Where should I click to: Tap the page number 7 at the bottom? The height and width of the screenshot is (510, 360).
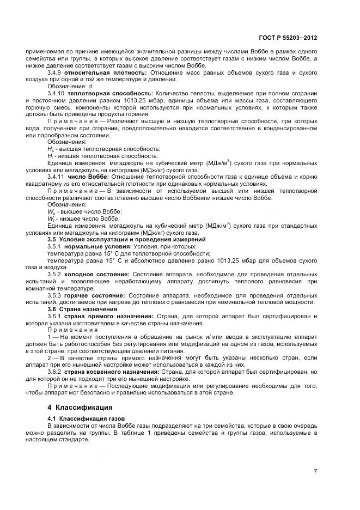click(315, 471)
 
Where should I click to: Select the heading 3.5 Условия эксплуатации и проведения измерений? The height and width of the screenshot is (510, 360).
click(126, 239)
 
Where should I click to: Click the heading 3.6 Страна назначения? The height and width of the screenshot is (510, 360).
click(83, 308)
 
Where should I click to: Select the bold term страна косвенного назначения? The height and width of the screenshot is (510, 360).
click(113, 371)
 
